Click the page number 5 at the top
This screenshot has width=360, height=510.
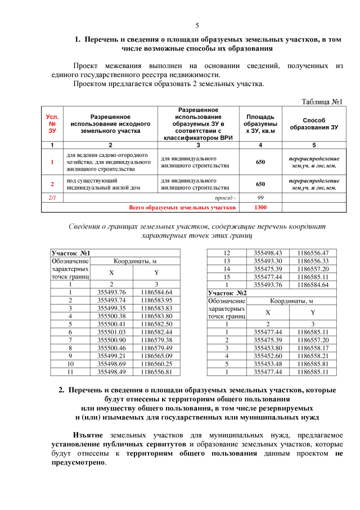click(197, 25)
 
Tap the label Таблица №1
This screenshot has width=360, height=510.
click(322, 101)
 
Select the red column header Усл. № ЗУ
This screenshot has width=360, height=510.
click(52, 123)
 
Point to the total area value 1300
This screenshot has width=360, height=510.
click(260, 207)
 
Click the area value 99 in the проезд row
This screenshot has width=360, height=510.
click(260, 198)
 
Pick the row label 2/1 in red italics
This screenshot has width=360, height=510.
click(52, 198)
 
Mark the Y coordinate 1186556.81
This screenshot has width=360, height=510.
click(156, 372)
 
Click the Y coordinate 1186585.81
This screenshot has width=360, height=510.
click(313, 364)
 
